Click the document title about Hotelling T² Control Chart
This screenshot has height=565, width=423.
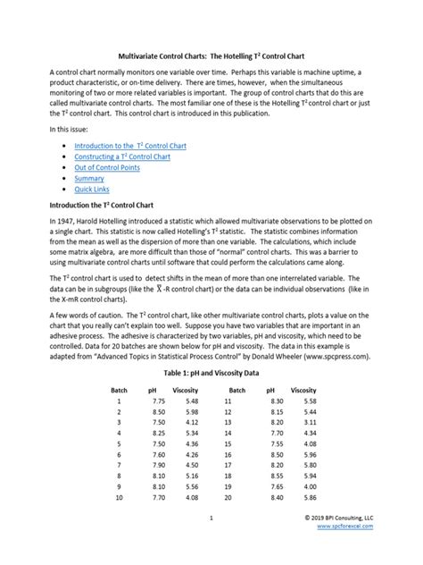click(211, 55)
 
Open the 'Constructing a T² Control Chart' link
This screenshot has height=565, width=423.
click(121, 156)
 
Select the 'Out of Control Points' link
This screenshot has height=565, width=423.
click(104, 167)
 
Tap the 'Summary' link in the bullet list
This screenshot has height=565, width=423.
click(88, 178)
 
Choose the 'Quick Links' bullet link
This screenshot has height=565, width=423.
click(93, 190)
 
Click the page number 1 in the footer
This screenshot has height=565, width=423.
click(211, 543)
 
